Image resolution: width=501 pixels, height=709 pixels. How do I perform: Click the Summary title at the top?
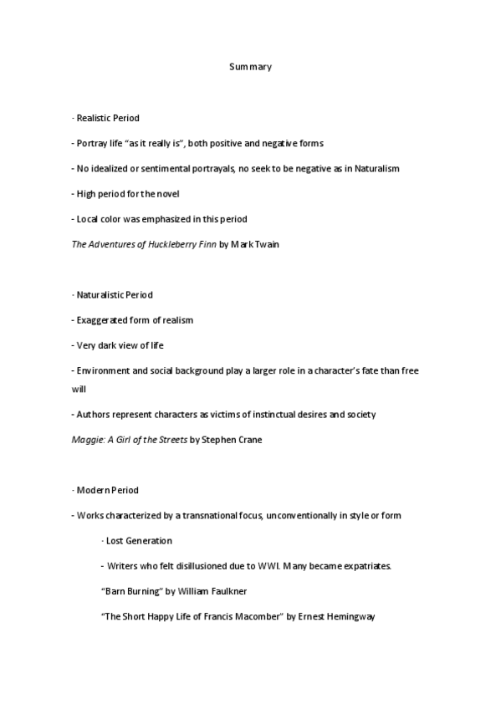click(250, 66)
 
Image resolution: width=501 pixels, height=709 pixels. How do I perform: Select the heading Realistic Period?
click(103, 119)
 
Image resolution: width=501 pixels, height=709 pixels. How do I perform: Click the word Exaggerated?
click(100, 319)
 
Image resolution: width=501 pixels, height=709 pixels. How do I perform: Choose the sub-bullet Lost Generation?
click(139, 540)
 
